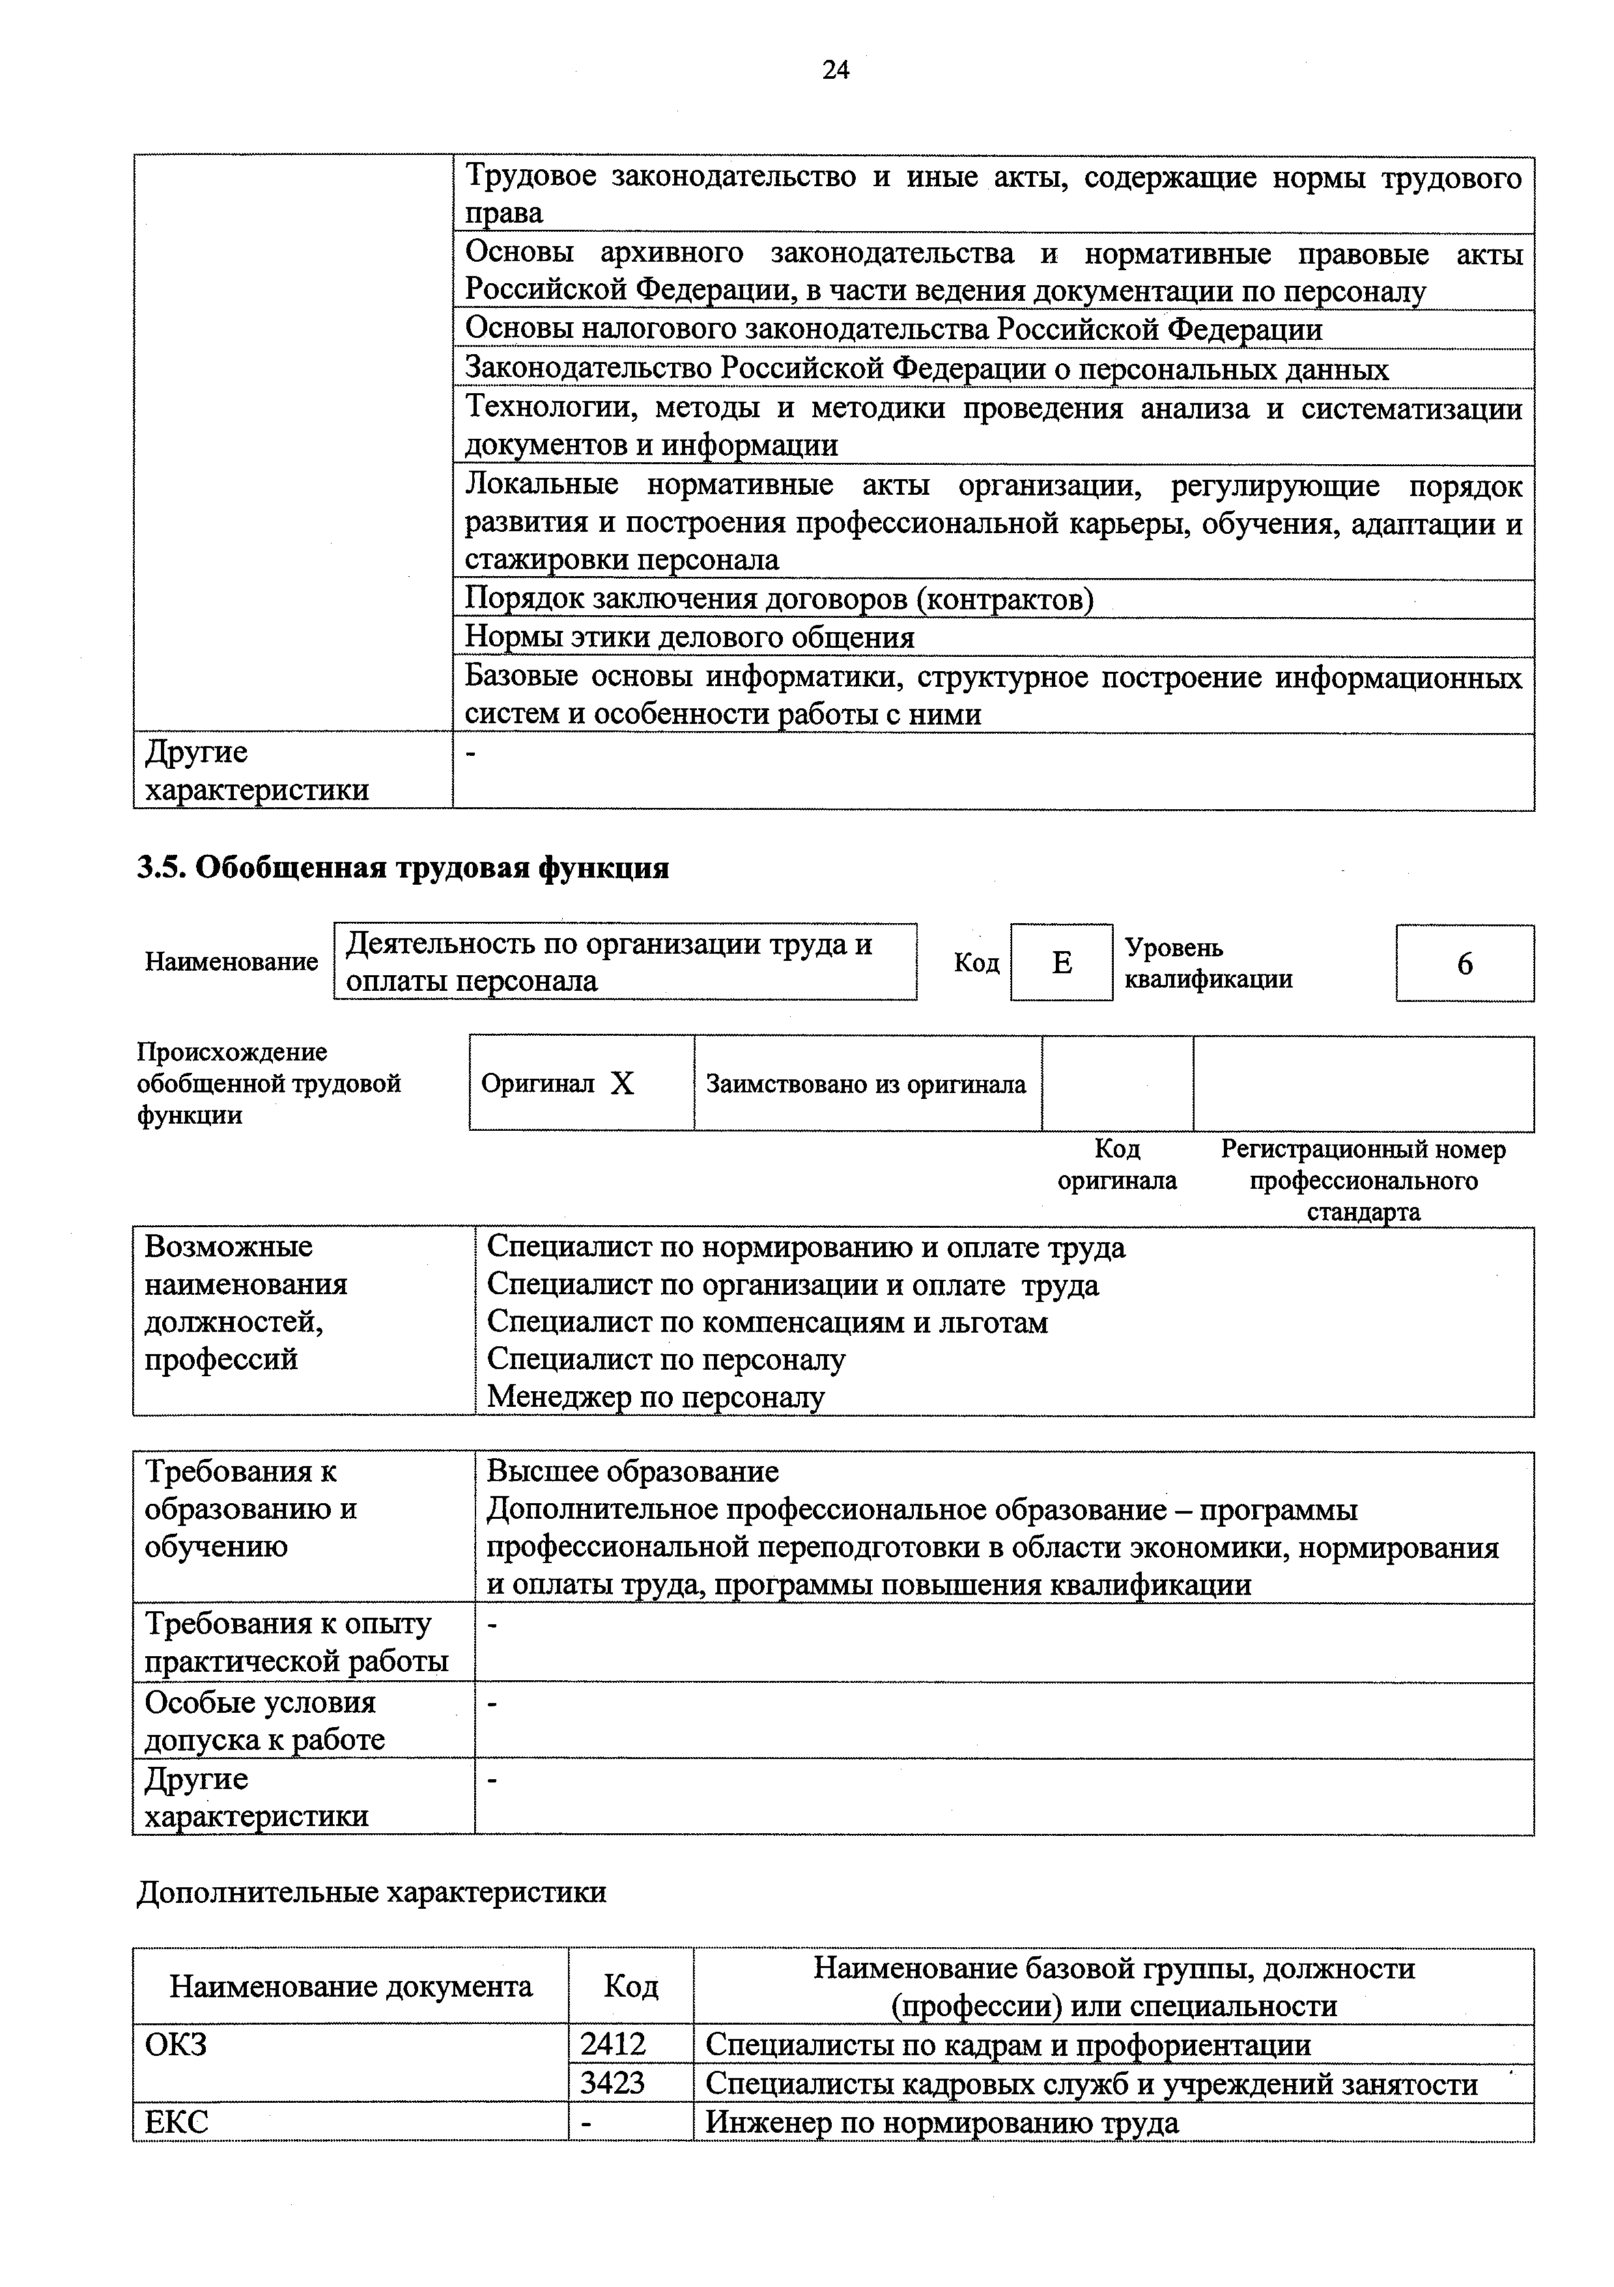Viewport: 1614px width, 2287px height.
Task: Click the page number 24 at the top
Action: click(x=835, y=70)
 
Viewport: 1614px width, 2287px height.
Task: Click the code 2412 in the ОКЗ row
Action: click(x=614, y=2045)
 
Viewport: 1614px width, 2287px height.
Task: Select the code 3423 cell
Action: click(x=614, y=2083)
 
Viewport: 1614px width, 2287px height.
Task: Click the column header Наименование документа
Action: click(x=350, y=1987)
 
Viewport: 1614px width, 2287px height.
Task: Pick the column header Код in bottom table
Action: click(x=630, y=1987)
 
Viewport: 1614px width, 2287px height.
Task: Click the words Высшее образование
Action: click(x=632, y=1471)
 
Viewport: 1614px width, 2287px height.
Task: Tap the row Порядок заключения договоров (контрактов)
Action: click(x=779, y=600)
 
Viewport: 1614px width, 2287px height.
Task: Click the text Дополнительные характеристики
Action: click(x=371, y=1892)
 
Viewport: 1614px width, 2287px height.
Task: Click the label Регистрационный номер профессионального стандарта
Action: click(x=1363, y=1180)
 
